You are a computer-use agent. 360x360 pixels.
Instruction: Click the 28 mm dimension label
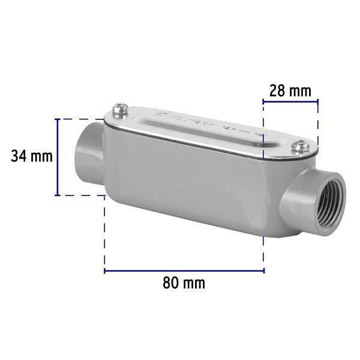[290, 91]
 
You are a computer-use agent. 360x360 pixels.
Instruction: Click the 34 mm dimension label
[32, 157]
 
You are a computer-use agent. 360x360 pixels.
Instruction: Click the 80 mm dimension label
[184, 283]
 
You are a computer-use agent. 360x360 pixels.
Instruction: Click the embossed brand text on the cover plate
[186, 120]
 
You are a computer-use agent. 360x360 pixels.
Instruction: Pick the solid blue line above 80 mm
[184, 271]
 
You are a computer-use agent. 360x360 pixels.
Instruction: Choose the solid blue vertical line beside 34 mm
[58, 157]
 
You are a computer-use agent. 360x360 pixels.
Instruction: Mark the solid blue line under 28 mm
[290, 102]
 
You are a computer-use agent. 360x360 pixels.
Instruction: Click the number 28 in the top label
[277, 91]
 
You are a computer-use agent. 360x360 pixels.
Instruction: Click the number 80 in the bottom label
[170, 283]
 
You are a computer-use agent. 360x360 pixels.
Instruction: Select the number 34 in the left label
[19, 157]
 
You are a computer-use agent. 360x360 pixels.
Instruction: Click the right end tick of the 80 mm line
[263, 271]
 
